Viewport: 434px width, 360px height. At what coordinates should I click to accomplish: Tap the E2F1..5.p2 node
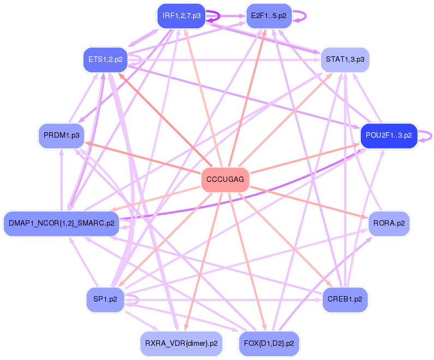tap(269, 16)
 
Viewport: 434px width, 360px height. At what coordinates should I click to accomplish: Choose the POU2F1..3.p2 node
tap(389, 135)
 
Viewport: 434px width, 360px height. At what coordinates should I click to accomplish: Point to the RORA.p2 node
tap(389, 223)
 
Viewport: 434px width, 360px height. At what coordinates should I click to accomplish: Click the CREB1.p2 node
tap(345, 299)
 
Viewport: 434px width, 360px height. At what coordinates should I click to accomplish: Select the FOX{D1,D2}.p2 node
tap(269, 344)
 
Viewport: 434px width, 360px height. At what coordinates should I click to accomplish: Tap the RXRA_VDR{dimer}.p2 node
tap(181, 344)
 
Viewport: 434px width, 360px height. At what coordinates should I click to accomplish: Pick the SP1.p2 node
tap(105, 299)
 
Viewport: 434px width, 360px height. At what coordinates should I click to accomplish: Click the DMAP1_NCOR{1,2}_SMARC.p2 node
tap(61, 223)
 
